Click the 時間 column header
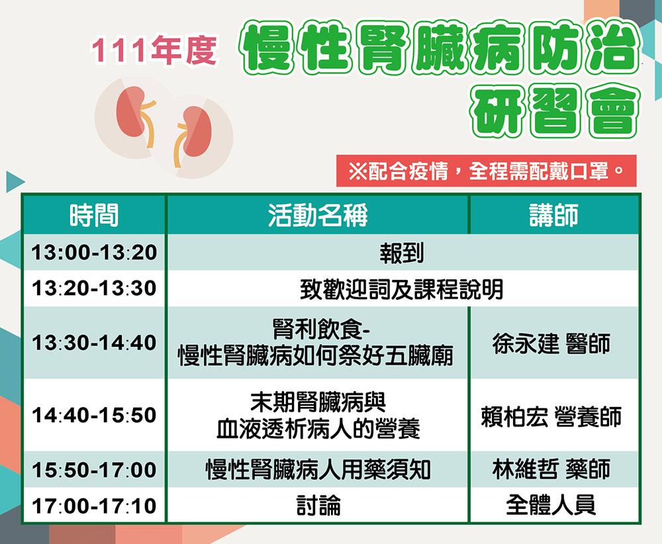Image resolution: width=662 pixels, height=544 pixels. tap(94, 215)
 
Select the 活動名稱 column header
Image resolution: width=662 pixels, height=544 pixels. tap(318, 215)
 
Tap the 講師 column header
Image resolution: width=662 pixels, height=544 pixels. tap(554, 215)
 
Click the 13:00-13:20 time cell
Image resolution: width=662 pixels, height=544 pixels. tap(94, 252)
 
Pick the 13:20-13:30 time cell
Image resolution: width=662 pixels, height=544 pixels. tap(94, 289)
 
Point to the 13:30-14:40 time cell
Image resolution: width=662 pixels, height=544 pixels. tap(94, 342)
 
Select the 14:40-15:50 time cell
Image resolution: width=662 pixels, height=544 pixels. tap(94, 415)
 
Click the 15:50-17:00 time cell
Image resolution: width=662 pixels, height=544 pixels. tap(94, 470)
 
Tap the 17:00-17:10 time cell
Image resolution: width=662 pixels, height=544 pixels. tap(94, 506)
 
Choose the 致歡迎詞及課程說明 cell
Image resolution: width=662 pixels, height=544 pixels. tap(402, 289)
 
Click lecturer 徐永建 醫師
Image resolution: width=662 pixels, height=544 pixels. tap(551, 343)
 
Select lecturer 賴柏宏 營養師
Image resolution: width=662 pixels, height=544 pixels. tap(551, 416)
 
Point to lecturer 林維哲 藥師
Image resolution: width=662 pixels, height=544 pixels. tap(551, 469)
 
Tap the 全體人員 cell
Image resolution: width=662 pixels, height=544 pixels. tap(551, 505)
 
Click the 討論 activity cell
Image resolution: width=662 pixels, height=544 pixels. tap(318, 505)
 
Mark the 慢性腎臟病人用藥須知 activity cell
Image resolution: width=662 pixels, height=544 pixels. tap(318, 469)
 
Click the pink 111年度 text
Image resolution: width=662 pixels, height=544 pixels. tap(154, 51)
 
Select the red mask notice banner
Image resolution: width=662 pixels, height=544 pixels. tap(486, 171)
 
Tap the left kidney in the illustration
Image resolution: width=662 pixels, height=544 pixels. tap(134, 112)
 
